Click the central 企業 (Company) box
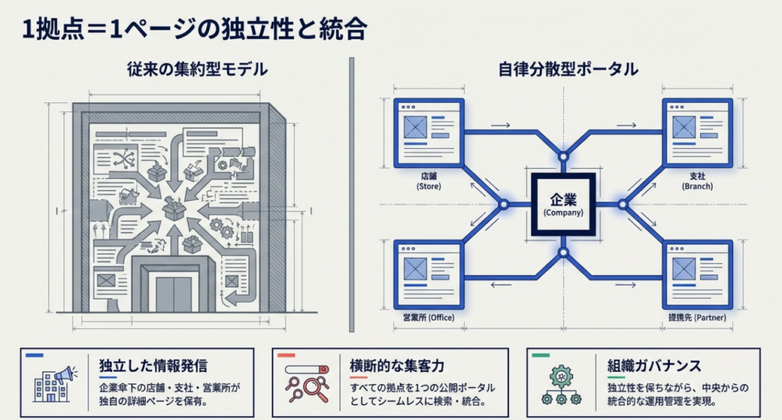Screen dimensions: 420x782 [x=563, y=204]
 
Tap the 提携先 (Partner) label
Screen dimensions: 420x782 [x=696, y=317]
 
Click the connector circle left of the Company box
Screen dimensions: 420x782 [x=503, y=204]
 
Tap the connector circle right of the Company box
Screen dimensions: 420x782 [x=622, y=204]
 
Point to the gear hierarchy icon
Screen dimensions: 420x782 [x=561, y=385]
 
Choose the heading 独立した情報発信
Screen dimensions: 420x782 [x=153, y=366]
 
